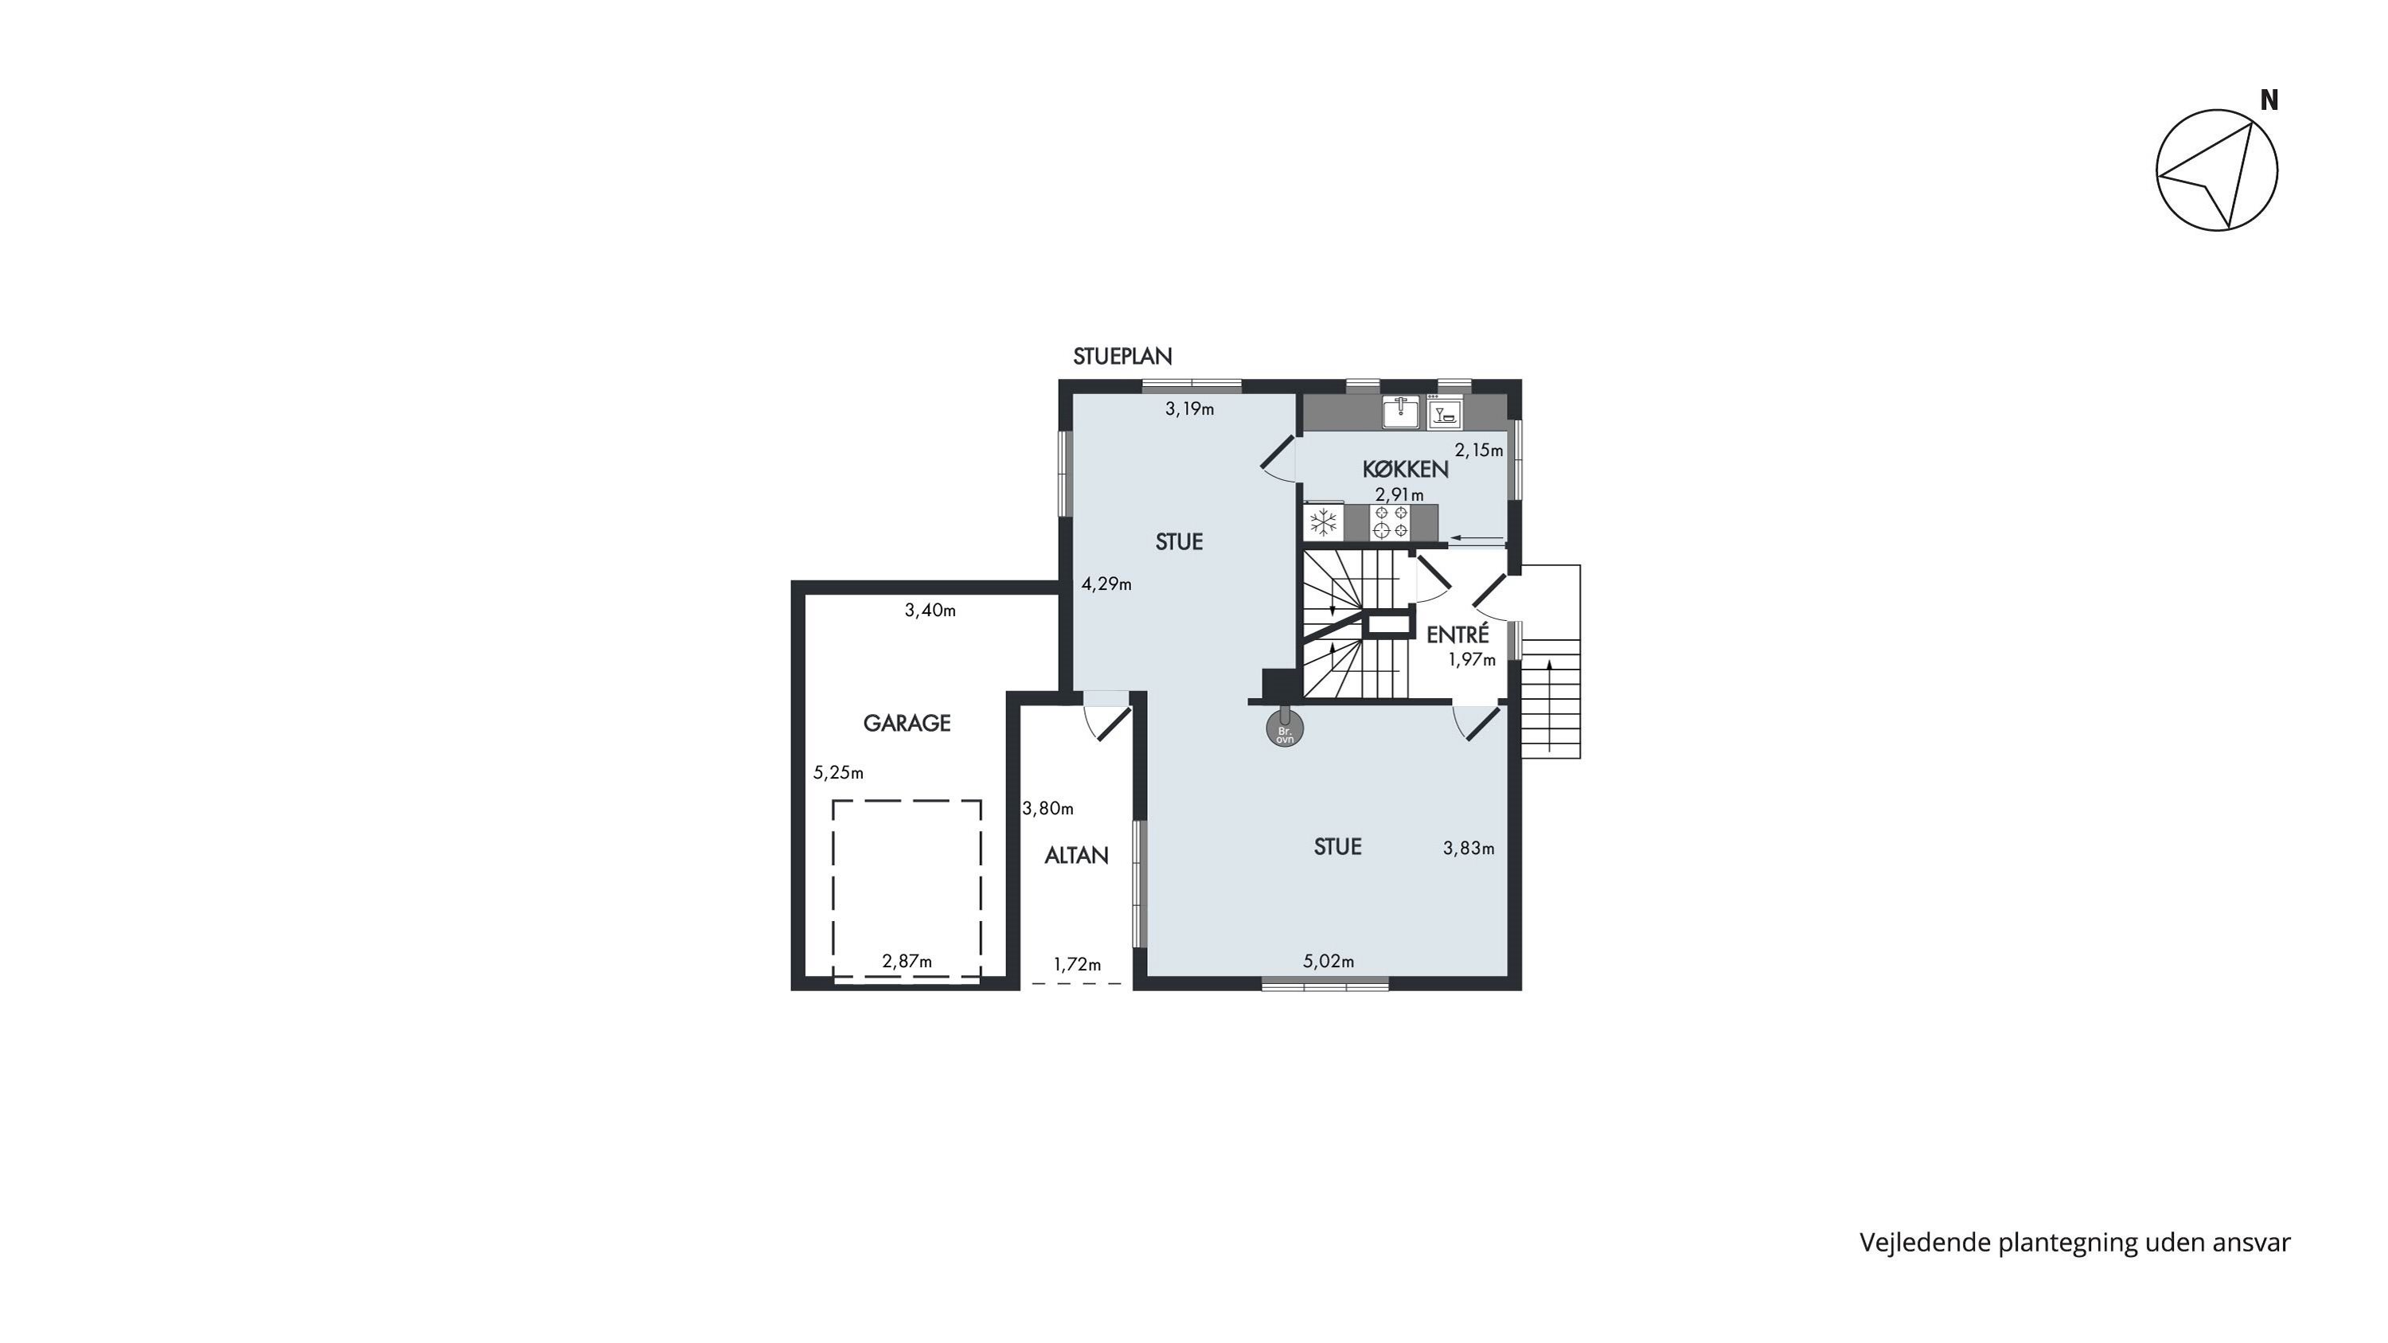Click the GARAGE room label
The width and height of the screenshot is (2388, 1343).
pos(907,723)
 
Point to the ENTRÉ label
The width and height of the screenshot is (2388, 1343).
pos(1457,635)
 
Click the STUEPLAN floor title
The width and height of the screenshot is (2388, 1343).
pos(1122,356)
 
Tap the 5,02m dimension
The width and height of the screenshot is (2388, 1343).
pos(1329,961)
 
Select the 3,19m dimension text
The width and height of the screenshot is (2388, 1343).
pos(1189,408)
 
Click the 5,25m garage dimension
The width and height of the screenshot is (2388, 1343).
pos(838,772)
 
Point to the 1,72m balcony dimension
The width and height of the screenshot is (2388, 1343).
pos(1077,964)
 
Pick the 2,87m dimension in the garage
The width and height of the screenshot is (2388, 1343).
pos(907,961)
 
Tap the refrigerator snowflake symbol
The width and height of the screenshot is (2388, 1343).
pos(1323,521)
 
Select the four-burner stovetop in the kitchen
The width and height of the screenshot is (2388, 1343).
pos(1391,521)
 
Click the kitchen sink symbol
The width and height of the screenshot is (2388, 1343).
pos(1401,412)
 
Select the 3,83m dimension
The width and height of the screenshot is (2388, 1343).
pos(1469,848)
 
